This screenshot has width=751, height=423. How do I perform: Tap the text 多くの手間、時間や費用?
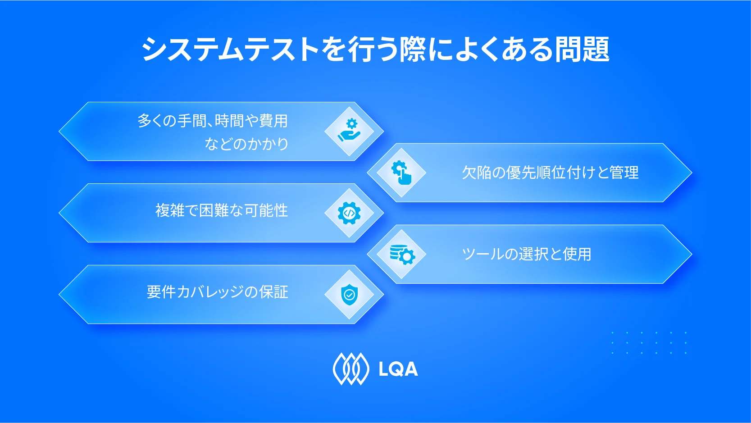212,121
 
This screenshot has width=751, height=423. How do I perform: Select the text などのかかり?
246,144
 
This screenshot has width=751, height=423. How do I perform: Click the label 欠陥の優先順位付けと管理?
550,173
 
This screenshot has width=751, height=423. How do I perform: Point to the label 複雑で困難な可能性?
221,210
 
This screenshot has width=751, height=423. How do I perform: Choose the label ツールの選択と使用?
526,254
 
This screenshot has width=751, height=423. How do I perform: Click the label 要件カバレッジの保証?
217,292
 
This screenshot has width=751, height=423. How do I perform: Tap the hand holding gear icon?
349,131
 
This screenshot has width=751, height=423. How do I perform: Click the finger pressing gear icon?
401,173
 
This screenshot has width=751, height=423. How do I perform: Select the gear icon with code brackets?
349,213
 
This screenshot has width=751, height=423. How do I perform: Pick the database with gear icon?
402,254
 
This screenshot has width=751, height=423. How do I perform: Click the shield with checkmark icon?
349,295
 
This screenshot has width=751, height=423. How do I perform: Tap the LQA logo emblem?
350,369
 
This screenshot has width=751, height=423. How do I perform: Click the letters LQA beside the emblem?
398,369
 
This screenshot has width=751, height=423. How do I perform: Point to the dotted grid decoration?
649,343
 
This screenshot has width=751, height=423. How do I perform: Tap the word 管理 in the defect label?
624,173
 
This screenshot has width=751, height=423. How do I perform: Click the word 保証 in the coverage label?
274,292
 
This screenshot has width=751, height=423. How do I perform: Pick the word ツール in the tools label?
482,254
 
